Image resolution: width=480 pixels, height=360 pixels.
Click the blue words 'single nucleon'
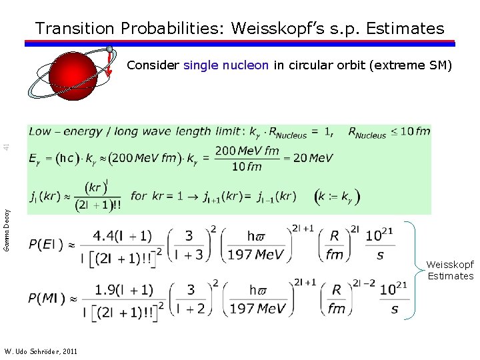pos(226,65)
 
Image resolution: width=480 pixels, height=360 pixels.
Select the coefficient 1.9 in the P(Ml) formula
pos(109,289)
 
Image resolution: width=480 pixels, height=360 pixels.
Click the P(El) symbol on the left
pos(46,245)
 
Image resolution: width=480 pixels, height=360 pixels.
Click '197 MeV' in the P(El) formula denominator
pos(257,255)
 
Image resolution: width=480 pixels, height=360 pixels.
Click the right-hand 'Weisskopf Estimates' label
pos(450,271)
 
